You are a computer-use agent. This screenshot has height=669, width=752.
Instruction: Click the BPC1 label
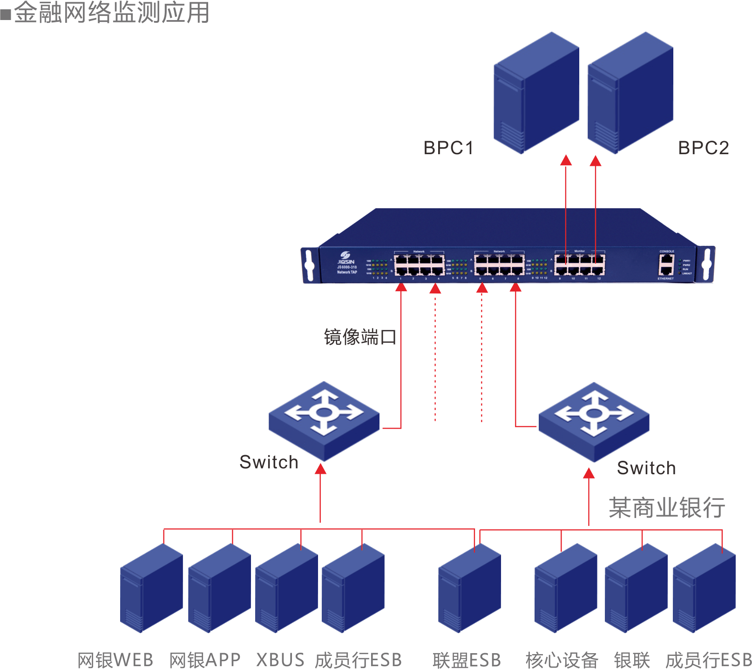(448, 148)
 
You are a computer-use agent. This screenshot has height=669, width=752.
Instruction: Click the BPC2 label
(704, 148)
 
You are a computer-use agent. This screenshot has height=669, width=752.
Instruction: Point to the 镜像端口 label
(360, 337)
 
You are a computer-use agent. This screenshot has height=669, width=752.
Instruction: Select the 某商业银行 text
(667, 507)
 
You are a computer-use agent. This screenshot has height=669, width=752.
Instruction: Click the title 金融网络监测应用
(112, 13)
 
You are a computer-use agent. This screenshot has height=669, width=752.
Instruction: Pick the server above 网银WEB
(151, 588)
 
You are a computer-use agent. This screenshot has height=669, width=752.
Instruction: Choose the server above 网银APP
(219, 588)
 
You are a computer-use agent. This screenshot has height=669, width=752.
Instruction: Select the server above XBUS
(286, 588)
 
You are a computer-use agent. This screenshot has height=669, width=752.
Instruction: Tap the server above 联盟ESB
(469, 588)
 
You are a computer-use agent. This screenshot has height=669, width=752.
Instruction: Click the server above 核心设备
(566, 588)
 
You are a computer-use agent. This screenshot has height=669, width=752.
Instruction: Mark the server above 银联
(636, 588)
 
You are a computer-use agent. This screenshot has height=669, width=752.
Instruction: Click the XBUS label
(280, 660)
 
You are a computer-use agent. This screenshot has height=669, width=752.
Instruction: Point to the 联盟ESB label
(467, 660)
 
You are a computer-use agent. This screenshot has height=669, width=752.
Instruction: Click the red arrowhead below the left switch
(320, 469)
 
